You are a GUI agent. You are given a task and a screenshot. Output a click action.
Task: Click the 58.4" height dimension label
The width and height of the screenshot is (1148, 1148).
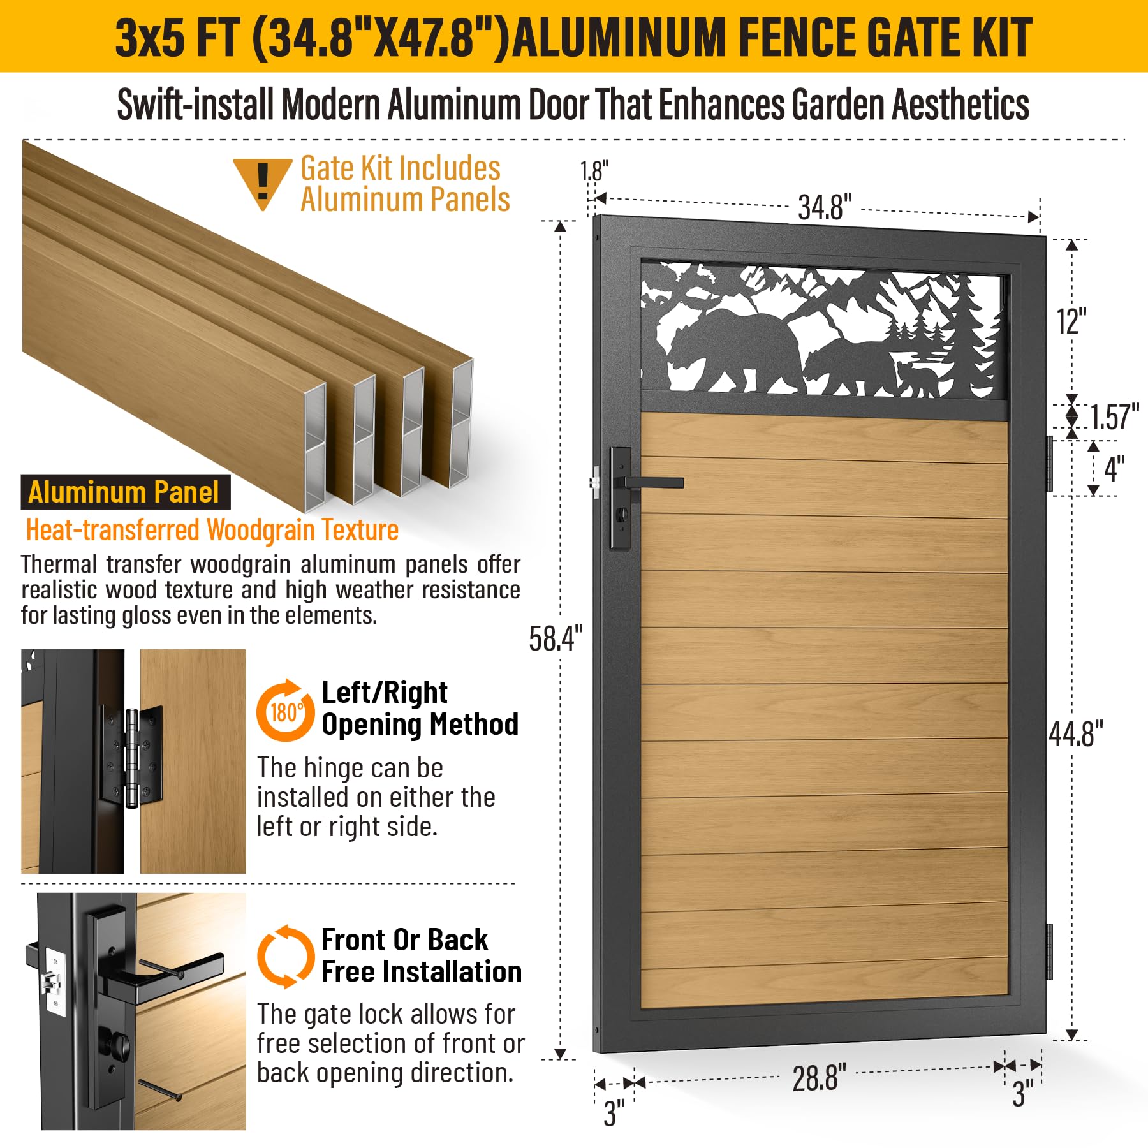[x=556, y=638]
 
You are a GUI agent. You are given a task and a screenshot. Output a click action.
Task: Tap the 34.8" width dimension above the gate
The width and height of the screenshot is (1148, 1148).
[x=825, y=207]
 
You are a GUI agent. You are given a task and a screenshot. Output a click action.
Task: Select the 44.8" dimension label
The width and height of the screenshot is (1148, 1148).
[x=1076, y=734]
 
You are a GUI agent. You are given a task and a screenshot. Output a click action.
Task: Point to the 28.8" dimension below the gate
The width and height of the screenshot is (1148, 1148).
[x=819, y=1078]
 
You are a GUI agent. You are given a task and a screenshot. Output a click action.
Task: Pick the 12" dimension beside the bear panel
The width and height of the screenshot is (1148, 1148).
[x=1071, y=321]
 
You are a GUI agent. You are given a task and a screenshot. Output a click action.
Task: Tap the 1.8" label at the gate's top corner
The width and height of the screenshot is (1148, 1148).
[x=594, y=171]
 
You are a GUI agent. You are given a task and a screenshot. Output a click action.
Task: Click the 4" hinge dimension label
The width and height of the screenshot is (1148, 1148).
[x=1114, y=469]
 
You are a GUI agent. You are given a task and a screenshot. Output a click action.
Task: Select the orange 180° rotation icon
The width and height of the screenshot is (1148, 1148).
[x=285, y=710]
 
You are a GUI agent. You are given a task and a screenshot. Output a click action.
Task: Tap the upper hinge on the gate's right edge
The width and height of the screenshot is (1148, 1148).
[x=1049, y=463]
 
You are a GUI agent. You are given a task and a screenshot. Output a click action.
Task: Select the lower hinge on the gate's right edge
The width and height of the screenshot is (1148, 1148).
[x=1049, y=951]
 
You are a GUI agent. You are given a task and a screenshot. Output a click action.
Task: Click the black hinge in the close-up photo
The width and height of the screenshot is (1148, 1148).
[x=131, y=756]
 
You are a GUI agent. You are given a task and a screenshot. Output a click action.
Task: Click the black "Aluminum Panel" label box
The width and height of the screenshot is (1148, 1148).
[x=126, y=492]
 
